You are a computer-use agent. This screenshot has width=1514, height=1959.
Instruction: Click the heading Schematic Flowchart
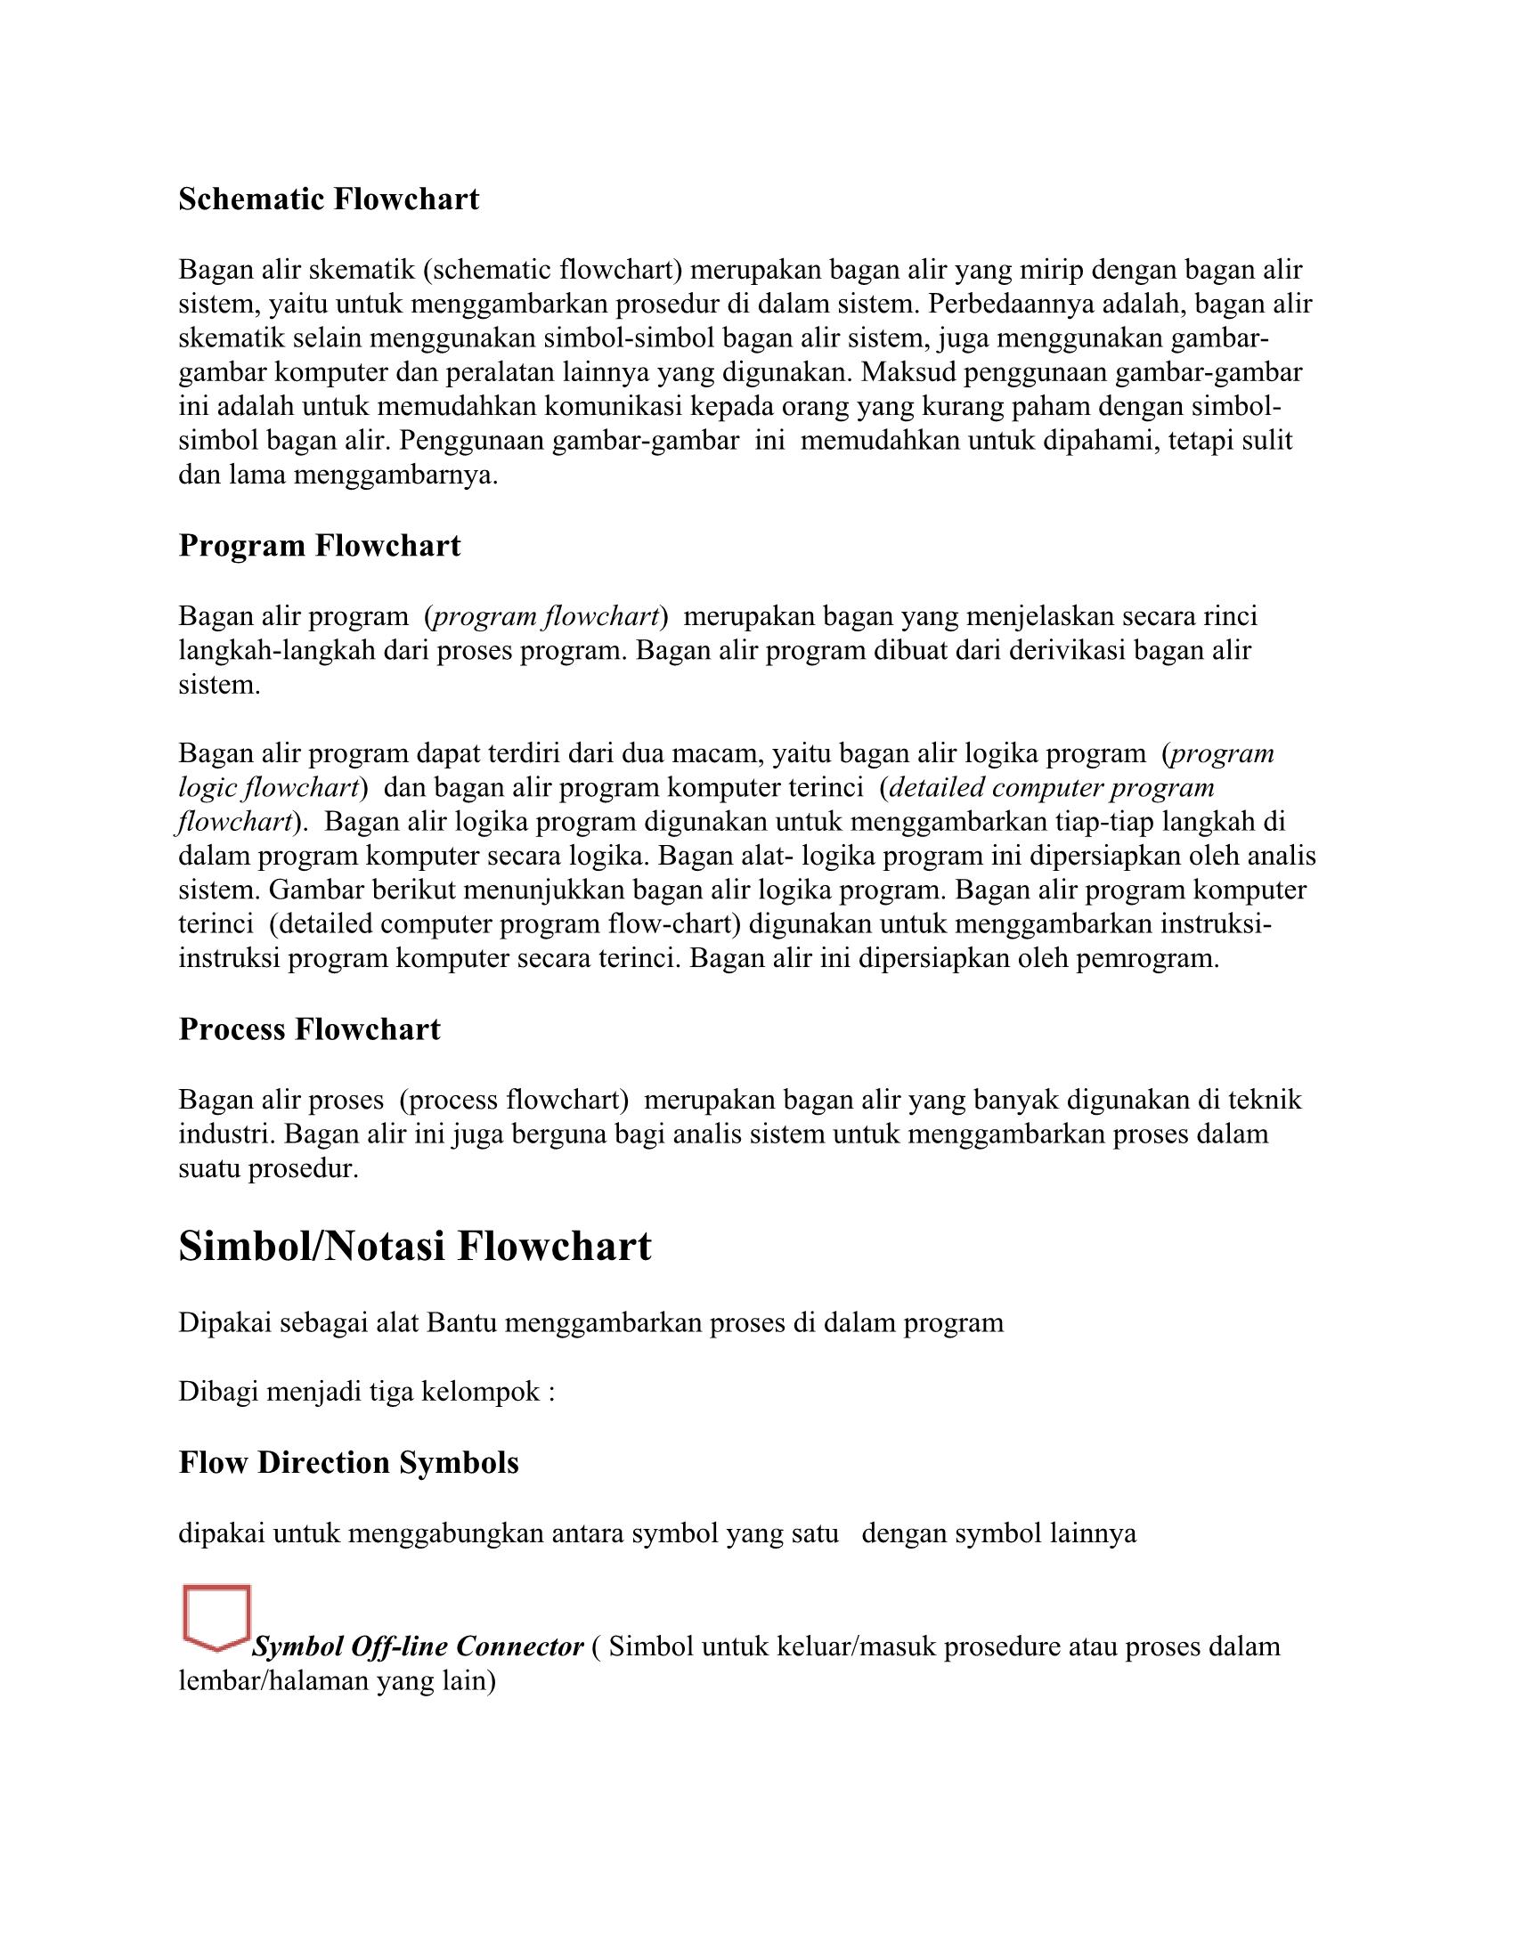tap(329, 199)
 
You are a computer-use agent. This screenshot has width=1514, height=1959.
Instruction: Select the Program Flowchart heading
tap(320, 545)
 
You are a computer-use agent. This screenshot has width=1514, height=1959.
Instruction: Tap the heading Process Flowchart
tap(309, 1028)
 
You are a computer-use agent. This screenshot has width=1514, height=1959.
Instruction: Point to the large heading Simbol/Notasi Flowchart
tap(414, 1246)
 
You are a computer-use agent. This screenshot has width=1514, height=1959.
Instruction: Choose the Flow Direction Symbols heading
tap(349, 1462)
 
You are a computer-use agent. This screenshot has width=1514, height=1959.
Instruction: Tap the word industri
tap(227, 1134)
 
